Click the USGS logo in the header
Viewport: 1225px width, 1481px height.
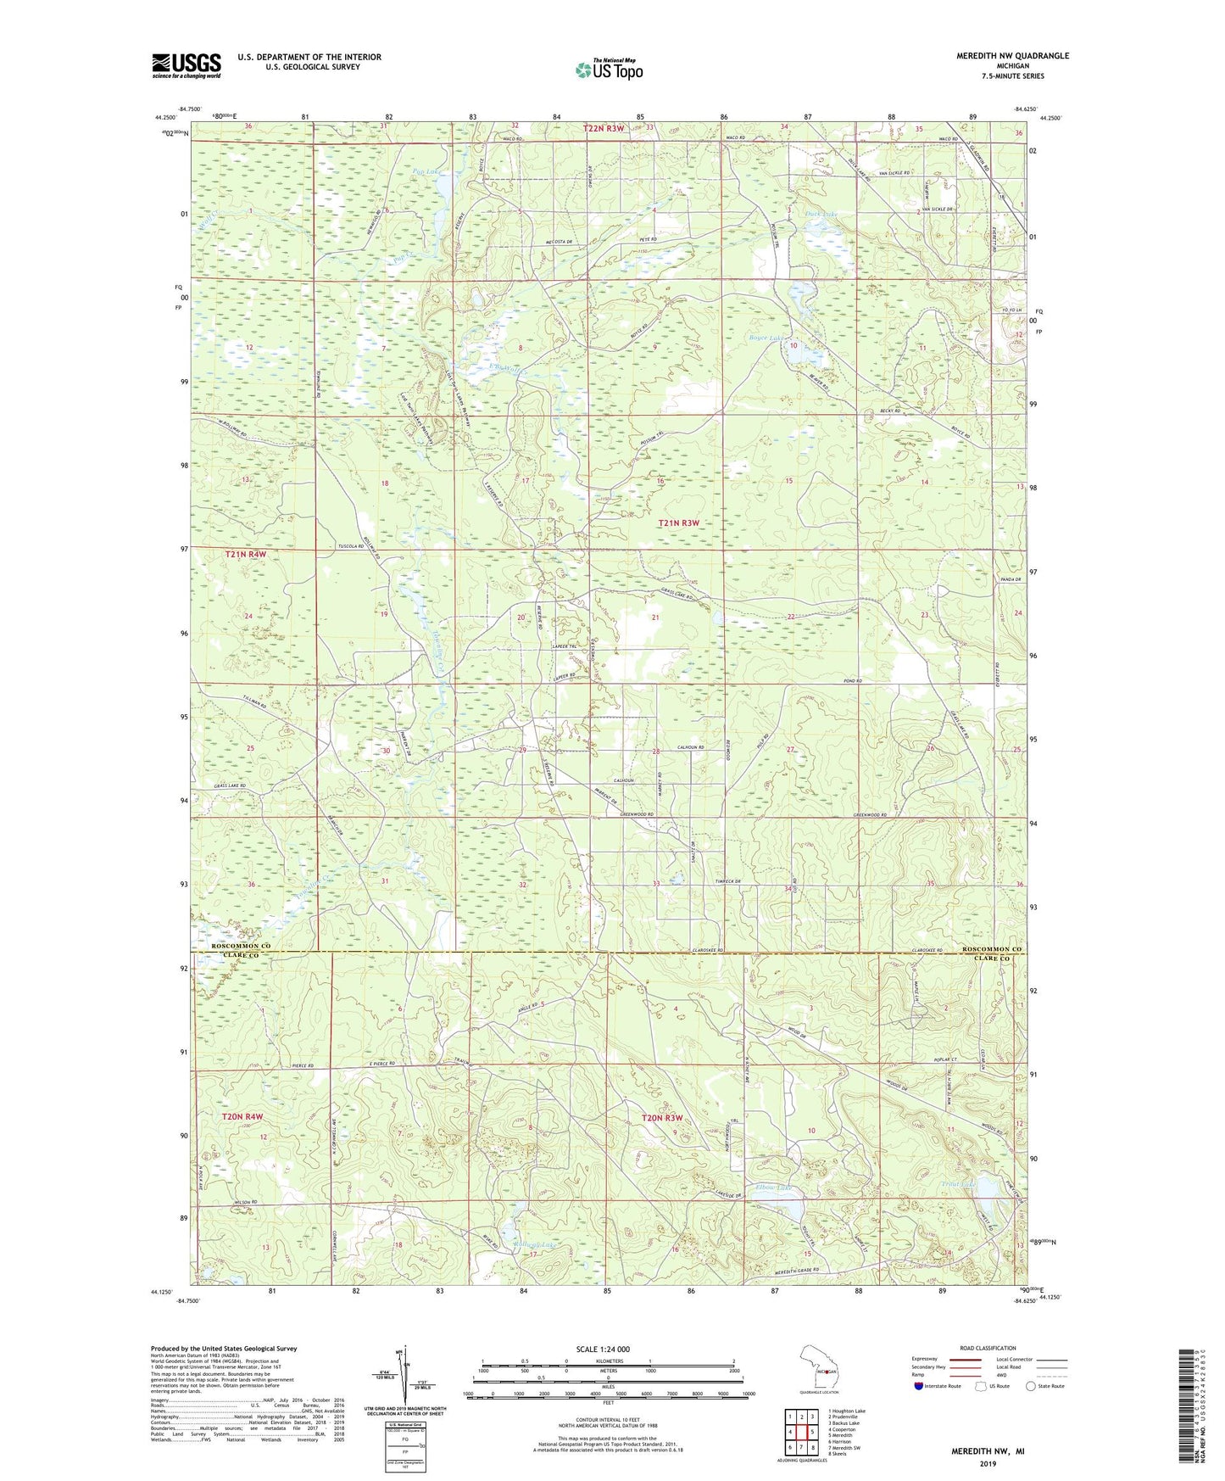[187, 65]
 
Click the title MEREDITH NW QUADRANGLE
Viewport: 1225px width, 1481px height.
[1012, 56]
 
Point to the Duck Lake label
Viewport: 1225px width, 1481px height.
[821, 215]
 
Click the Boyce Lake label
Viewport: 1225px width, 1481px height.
[768, 338]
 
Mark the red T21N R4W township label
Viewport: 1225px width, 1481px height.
[246, 554]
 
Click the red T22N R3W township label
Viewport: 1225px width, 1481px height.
[603, 128]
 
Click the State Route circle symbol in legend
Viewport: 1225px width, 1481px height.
[1031, 1386]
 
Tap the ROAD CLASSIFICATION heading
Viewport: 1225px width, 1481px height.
[987, 1348]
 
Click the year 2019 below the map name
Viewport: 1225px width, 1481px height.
[988, 1463]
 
